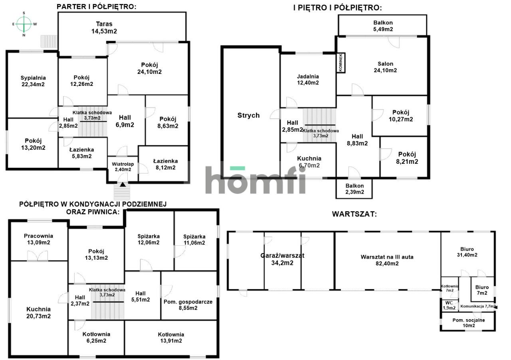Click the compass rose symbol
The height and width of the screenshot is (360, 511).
tap(24, 24)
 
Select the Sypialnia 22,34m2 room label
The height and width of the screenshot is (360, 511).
tap(33, 81)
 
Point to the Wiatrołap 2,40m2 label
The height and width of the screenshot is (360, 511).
tap(123, 167)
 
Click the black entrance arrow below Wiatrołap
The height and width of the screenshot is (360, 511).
tap(123, 184)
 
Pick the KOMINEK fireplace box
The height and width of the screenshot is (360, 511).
tap(341, 63)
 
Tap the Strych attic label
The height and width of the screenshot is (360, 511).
tap(248, 115)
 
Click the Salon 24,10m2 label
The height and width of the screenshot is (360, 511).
tap(386, 67)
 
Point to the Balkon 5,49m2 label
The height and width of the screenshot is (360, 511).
tap(383, 26)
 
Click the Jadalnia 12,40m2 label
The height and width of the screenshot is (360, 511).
tap(308, 80)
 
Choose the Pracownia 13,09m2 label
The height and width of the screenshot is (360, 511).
tap(38, 239)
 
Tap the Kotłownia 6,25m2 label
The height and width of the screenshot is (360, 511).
tap(96, 337)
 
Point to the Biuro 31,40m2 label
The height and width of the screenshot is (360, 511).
tap(468, 251)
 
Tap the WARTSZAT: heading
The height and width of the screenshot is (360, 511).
tap(354, 214)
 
